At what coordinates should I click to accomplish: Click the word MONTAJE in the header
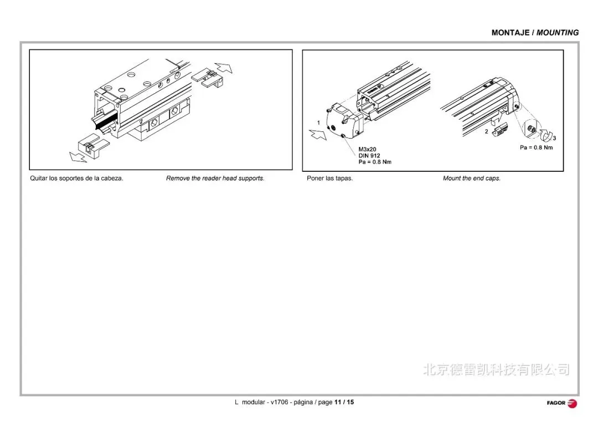(510, 33)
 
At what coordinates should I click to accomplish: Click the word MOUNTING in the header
(558, 33)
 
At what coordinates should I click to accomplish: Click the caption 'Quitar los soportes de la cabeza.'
(76, 179)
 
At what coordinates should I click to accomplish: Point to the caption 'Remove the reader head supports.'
(215, 179)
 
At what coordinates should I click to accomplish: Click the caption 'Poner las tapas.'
(329, 179)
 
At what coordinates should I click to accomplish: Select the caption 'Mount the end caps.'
(472, 179)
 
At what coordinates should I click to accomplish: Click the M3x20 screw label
(367, 150)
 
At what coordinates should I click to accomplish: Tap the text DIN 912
(369, 156)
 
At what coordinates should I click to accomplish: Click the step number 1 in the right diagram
(318, 122)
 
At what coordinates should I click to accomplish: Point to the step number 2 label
(487, 132)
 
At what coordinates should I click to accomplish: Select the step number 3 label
(554, 137)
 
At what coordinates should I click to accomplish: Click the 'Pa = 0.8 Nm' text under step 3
(536, 147)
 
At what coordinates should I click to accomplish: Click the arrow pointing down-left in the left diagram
(78, 157)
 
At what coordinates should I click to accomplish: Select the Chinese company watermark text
(496, 370)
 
